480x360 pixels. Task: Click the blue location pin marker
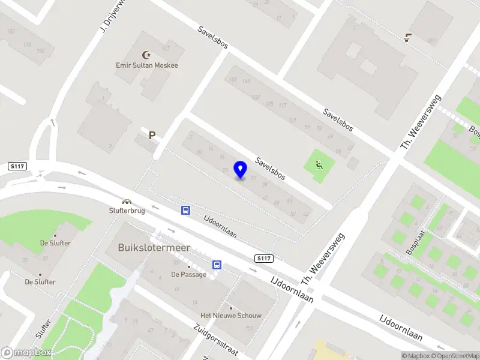coord(241,170)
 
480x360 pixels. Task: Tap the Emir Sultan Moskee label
coord(147,65)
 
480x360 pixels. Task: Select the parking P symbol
coord(152,136)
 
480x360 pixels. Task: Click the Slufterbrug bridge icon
coord(127,202)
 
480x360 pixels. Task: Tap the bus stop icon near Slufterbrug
coord(186,210)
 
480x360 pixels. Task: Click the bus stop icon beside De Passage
coord(217,265)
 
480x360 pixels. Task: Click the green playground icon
coord(319,164)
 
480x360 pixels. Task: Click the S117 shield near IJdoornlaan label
coord(263,259)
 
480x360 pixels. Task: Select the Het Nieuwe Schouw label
coord(231,315)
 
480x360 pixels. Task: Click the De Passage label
coord(188,274)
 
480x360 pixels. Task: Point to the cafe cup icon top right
coord(408,38)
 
